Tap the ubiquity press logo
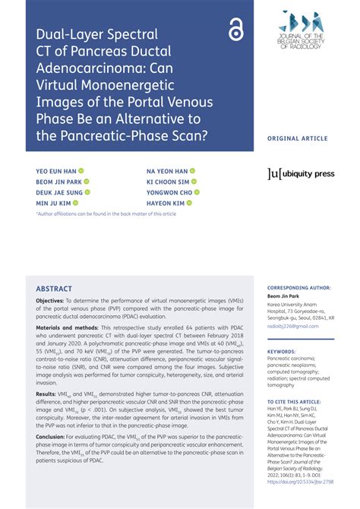(x=302, y=174)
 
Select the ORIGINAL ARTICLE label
(x=297, y=138)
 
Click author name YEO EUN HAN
(x=56, y=171)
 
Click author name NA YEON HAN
(x=166, y=171)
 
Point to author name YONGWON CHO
(x=169, y=193)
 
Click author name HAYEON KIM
(x=165, y=204)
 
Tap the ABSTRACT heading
(x=54, y=289)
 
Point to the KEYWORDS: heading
(x=282, y=352)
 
